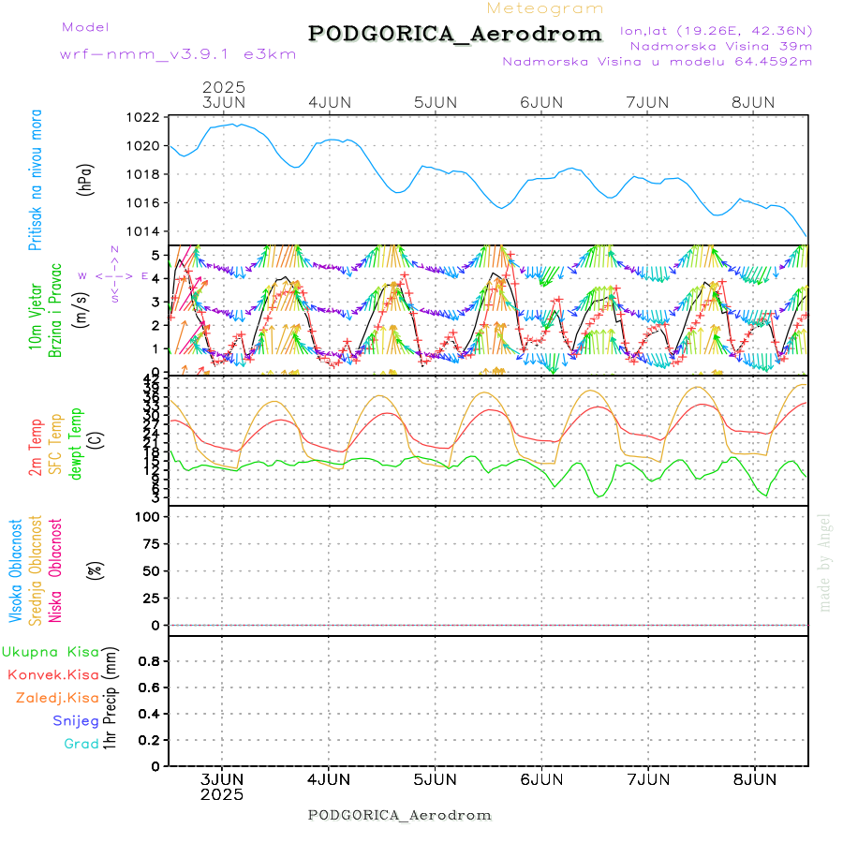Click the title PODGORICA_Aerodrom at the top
click(x=454, y=34)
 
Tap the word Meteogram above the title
click(x=545, y=8)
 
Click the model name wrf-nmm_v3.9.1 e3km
click(x=178, y=54)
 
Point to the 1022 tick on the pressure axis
click(x=143, y=118)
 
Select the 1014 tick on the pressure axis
click(x=143, y=231)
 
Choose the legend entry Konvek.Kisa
click(x=52, y=674)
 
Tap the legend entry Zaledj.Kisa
click(x=57, y=698)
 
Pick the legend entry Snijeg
click(x=76, y=721)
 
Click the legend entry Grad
click(x=81, y=745)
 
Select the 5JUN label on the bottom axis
click(x=435, y=779)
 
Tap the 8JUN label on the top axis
click(x=753, y=102)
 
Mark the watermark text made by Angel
click(x=825, y=562)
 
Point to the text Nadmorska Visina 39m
click(x=720, y=45)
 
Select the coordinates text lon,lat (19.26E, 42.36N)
click(x=716, y=30)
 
